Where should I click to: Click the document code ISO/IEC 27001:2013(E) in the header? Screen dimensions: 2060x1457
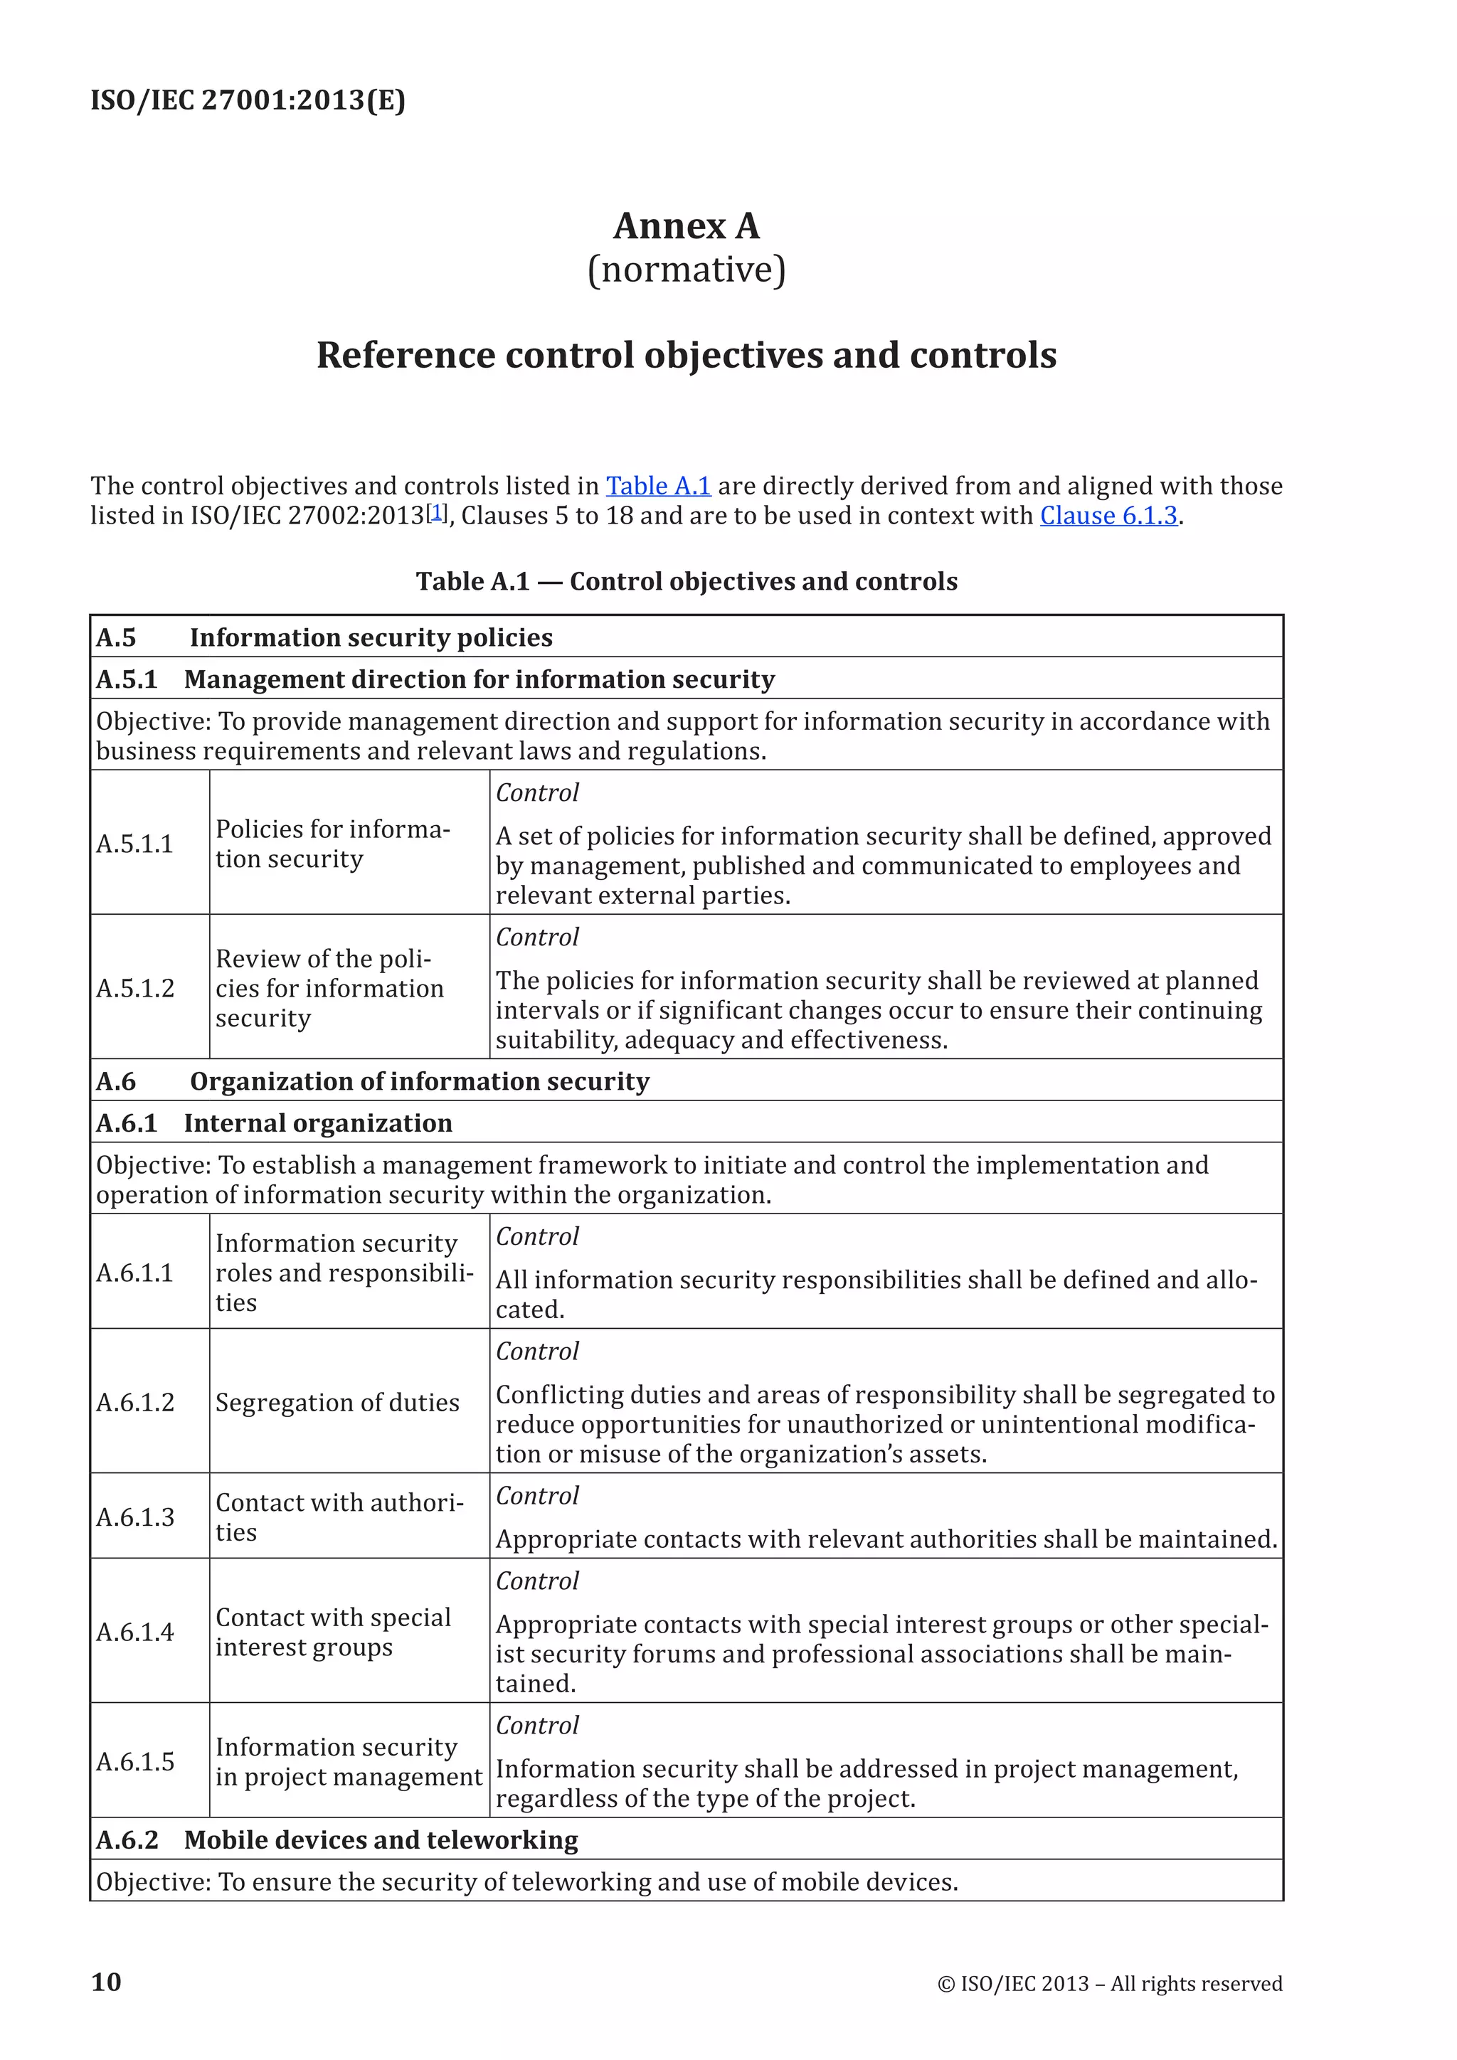[x=248, y=100]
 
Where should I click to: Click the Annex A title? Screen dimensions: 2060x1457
[x=687, y=226]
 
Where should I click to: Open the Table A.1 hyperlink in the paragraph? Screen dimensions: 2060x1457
[x=657, y=487]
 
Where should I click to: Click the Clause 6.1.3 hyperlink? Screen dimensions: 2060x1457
[x=1108, y=516]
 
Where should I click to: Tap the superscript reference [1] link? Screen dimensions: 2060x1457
[x=437, y=512]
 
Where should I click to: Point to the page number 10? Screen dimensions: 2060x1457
[x=106, y=1982]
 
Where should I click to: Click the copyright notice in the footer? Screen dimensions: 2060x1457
[x=1110, y=1984]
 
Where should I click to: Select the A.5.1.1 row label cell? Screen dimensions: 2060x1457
[x=134, y=844]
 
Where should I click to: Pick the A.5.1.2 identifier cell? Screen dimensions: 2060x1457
[x=135, y=988]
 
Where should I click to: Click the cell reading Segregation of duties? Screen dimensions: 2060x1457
[x=337, y=1402]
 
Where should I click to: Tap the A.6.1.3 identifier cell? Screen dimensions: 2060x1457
[x=135, y=1517]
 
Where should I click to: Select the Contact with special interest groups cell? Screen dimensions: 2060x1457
[x=333, y=1632]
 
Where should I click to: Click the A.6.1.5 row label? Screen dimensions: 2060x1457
[x=135, y=1761]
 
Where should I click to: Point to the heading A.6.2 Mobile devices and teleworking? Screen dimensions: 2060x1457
[x=337, y=1840]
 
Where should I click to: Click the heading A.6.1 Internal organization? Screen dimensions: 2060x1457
[x=275, y=1123]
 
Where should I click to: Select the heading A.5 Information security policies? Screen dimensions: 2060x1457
[x=325, y=638]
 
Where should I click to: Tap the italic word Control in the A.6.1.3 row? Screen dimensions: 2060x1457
[x=537, y=1496]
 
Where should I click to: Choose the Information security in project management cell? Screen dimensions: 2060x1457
[x=348, y=1761]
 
